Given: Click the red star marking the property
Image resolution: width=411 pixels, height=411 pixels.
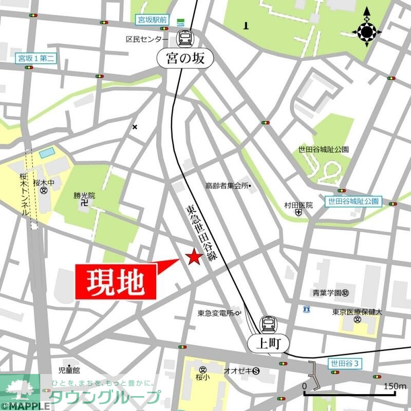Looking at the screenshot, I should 194,257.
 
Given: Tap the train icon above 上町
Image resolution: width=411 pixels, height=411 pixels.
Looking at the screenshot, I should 268,324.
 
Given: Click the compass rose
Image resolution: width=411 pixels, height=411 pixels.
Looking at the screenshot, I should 367,32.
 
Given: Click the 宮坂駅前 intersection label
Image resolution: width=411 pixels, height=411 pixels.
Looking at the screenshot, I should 152,21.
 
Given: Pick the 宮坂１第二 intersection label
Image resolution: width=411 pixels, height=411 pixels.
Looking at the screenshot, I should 35,59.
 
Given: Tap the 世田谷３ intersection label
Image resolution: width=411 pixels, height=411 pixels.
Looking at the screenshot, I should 346,364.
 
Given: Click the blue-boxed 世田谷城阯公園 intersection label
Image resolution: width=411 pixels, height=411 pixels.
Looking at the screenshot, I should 353,201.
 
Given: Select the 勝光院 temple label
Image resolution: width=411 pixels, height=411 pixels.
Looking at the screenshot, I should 84,196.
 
